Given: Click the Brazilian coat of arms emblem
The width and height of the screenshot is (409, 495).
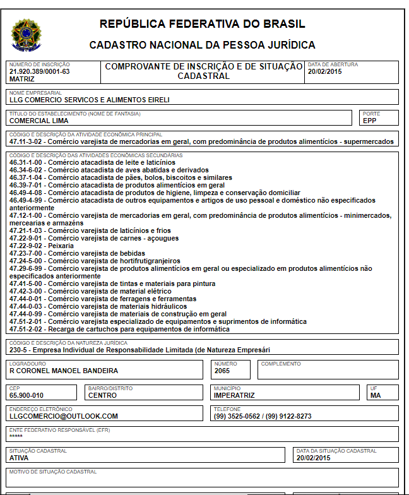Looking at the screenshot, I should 26,35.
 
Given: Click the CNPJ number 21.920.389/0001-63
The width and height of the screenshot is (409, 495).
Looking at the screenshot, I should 39,71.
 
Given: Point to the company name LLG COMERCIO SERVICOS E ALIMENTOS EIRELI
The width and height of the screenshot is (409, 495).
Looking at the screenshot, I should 90,99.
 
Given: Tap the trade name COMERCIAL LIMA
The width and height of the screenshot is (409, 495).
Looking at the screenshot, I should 39,120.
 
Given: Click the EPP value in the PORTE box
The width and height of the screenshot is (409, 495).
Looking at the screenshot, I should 369,120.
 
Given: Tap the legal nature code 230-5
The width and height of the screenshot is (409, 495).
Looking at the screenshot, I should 20,349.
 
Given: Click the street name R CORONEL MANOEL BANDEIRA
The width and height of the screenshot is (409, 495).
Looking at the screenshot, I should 64,371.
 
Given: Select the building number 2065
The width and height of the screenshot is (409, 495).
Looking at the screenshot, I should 222,371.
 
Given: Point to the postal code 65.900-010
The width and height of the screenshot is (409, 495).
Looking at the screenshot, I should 27,395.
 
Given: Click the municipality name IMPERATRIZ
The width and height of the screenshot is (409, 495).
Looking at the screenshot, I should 234,395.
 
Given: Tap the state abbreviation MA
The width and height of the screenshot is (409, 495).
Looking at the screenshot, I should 376,395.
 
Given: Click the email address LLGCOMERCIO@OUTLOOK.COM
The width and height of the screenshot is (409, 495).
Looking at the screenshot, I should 64,416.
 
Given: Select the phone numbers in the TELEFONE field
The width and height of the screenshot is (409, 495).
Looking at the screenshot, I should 263,416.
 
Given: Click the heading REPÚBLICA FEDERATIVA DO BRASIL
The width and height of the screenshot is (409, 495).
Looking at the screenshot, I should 202,25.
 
